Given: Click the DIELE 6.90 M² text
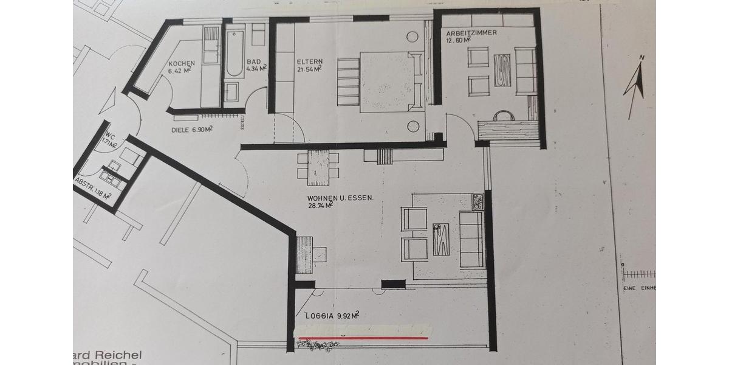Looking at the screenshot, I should pyautogui.click(x=193, y=130).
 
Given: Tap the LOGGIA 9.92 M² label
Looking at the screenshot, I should pyautogui.click(x=330, y=316).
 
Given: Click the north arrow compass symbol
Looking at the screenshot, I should pyautogui.click(x=635, y=85).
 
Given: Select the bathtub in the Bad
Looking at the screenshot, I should pyautogui.click(x=234, y=52).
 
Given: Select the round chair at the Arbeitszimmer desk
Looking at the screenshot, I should pyautogui.click(x=503, y=115).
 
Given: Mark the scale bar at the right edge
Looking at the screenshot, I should pyautogui.click(x=638, y=274).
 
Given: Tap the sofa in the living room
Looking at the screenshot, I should pyautogui.click(x=471, y=240).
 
